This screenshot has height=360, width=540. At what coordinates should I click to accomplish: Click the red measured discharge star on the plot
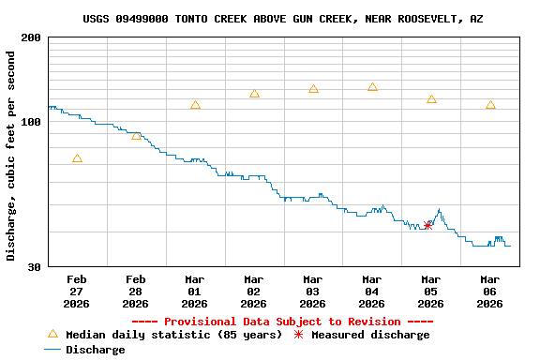tap(428, 225)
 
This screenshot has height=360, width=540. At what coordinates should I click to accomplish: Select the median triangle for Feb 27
tap(77, 158)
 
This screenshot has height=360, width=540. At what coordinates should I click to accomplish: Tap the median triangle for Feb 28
tap(136, 136)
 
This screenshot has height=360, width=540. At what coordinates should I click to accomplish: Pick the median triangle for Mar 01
tap(195, 105)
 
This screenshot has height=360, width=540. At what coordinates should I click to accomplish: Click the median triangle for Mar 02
tap(254, 94)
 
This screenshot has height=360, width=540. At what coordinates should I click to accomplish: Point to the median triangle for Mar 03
tap(313, 89)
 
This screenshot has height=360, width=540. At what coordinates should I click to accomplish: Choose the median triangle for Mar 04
tap(372, 87)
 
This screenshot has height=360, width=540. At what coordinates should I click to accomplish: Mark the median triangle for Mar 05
tap(431, 99)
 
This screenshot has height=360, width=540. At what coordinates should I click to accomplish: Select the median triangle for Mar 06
tap(490, 105)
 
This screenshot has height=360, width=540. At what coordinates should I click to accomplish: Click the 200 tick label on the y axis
tap(30, 37)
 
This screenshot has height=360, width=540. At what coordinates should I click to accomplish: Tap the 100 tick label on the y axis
tap(30, 122)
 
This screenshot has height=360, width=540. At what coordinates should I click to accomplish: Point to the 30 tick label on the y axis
tap(34, 267)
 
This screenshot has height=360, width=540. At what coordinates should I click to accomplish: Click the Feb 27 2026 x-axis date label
tap(77, 292)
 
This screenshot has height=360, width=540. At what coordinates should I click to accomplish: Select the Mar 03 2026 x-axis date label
tap(313, 292)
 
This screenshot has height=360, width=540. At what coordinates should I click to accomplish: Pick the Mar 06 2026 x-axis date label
tap(490, 292)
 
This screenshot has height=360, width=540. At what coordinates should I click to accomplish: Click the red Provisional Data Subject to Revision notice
tap(282, 322)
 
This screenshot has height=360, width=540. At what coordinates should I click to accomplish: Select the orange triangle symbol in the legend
tap(52, 334)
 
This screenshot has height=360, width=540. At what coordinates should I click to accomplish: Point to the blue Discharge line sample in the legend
tap(52, 350)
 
